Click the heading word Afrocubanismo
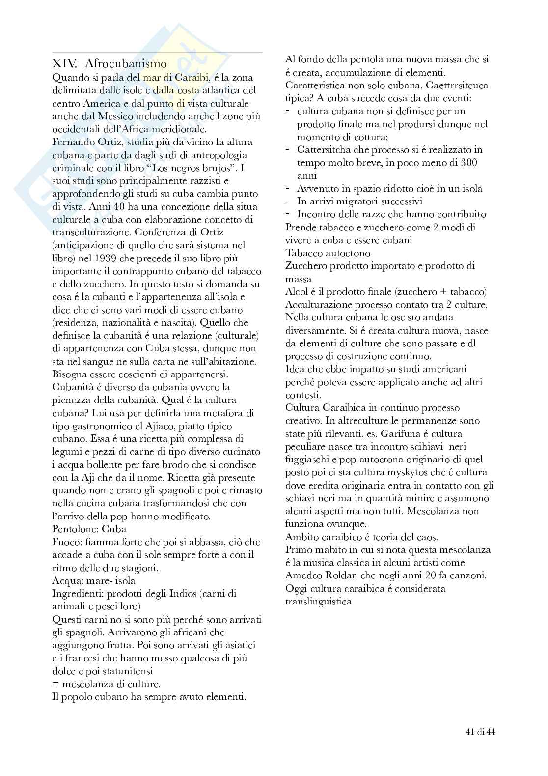point(126,64)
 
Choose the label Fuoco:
point(67,542)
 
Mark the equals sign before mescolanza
point(55,684)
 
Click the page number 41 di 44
point(480,732)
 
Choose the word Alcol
point(296,292)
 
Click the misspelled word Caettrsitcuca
point(455,85)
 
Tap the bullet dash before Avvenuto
point(288,188)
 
